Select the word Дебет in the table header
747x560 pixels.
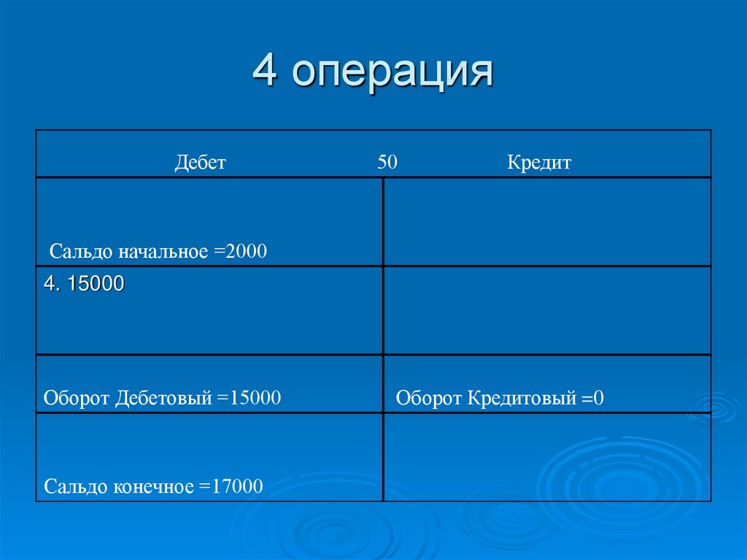[x=200, y=162]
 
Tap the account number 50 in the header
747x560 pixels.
[x=387, y=162]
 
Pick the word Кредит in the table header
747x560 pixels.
[x=539, y=162]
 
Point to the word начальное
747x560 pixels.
[x=163, y=252]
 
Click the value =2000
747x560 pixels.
[x=241, y=252]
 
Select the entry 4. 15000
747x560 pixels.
[x=84, y=284]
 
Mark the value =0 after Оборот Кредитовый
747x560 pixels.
[x=593, y=399]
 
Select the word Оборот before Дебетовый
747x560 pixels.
[x=75, y=398]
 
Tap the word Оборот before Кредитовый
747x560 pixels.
[x=428, y=399]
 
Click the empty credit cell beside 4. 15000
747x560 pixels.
[x=546, y=310]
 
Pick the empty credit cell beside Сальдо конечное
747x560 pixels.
[x=546, y=457]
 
